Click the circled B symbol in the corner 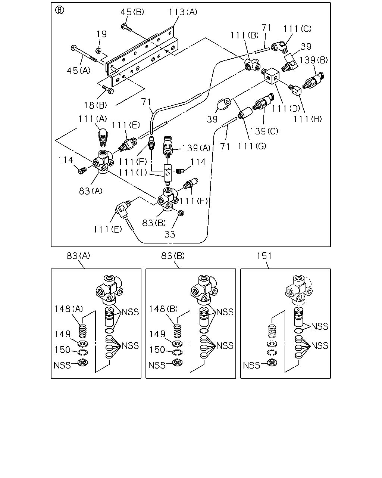(59, 10)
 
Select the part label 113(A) (183, 12)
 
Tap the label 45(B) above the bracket (132, 12)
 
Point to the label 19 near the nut (102, 34)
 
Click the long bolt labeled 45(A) (84, 53)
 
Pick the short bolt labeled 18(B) (108, 90)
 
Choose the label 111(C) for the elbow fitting (297, 29)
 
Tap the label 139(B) (313, 60)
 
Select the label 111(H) (308, 119)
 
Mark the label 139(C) (264, 131)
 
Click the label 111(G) (252, 146)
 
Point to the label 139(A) (196, 148)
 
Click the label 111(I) (133, 173)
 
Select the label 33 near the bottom (170, 234)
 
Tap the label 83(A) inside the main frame (91, 191)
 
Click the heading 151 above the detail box (264, 256)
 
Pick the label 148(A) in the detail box (69, 309)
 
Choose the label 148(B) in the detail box (164, 309)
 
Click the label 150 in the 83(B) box (157, 350)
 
